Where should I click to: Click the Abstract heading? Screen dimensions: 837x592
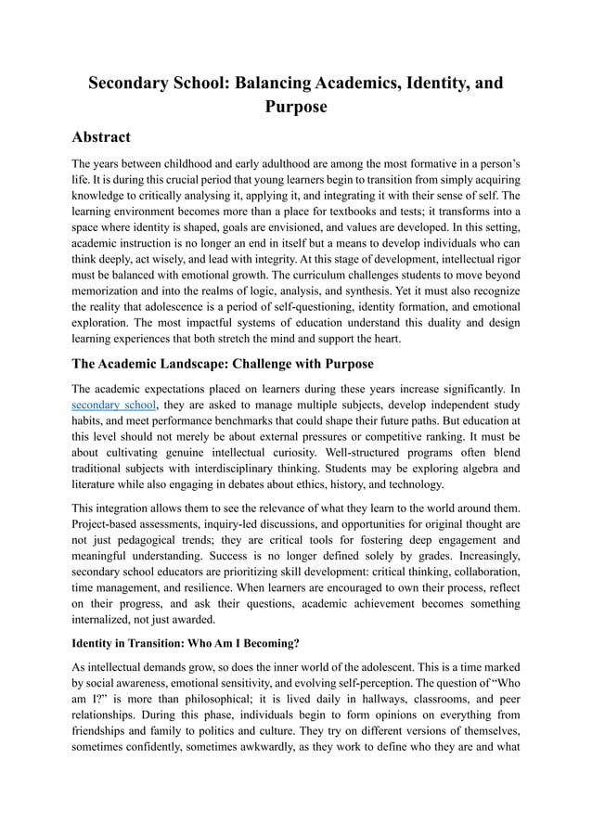101,137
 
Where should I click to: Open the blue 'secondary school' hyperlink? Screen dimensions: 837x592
114,406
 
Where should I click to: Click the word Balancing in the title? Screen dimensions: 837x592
275,83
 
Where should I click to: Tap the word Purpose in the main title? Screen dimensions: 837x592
296,107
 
